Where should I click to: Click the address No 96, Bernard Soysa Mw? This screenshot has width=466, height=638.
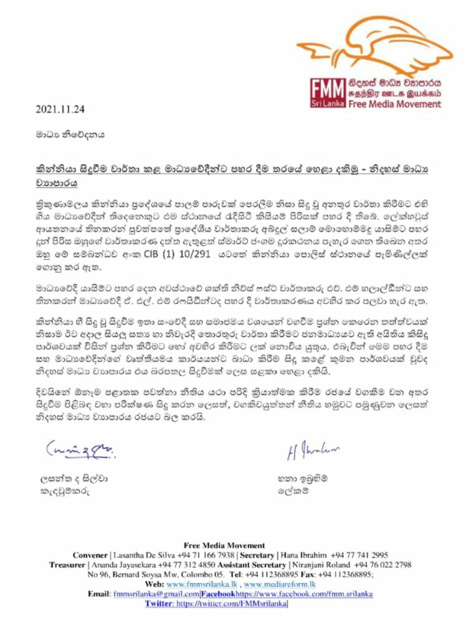[x=131, y=574]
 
